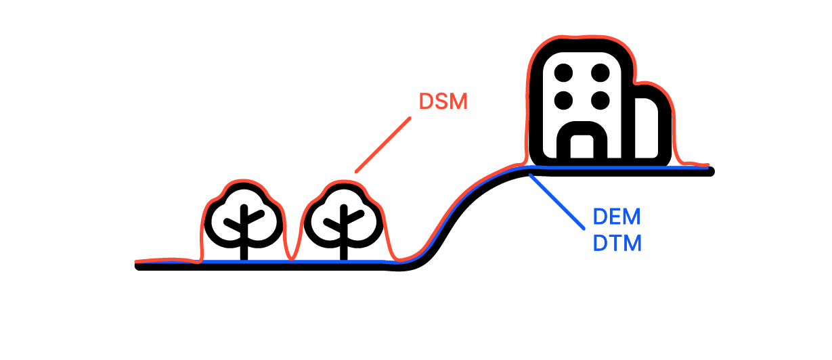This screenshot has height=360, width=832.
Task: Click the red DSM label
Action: tap(443, 102)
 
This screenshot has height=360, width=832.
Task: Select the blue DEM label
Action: tap(617, 217)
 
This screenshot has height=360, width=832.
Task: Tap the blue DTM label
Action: tap(617, 244)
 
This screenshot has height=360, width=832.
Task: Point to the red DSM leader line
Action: tap(383, 145)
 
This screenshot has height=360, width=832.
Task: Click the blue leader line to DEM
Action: tap(556, 202)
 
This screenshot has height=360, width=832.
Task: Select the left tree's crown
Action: tap(244, 216)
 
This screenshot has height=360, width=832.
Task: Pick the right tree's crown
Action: tap(344, 216)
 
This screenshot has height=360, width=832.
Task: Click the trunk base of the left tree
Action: tap(244, 257)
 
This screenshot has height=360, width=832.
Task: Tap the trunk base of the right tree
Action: tap(344, 257)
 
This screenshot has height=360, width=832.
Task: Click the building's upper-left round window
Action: tap(563, 72)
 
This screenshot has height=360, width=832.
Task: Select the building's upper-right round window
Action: tap(600, 72)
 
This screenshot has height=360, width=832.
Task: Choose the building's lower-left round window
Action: tap(563, 100)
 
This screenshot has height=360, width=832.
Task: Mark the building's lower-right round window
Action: tap(600, 100)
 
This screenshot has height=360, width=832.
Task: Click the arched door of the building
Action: tap(582, 128)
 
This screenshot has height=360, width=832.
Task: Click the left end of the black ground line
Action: tap(138, 266)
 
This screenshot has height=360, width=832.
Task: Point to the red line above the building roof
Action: tap(582, 37)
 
